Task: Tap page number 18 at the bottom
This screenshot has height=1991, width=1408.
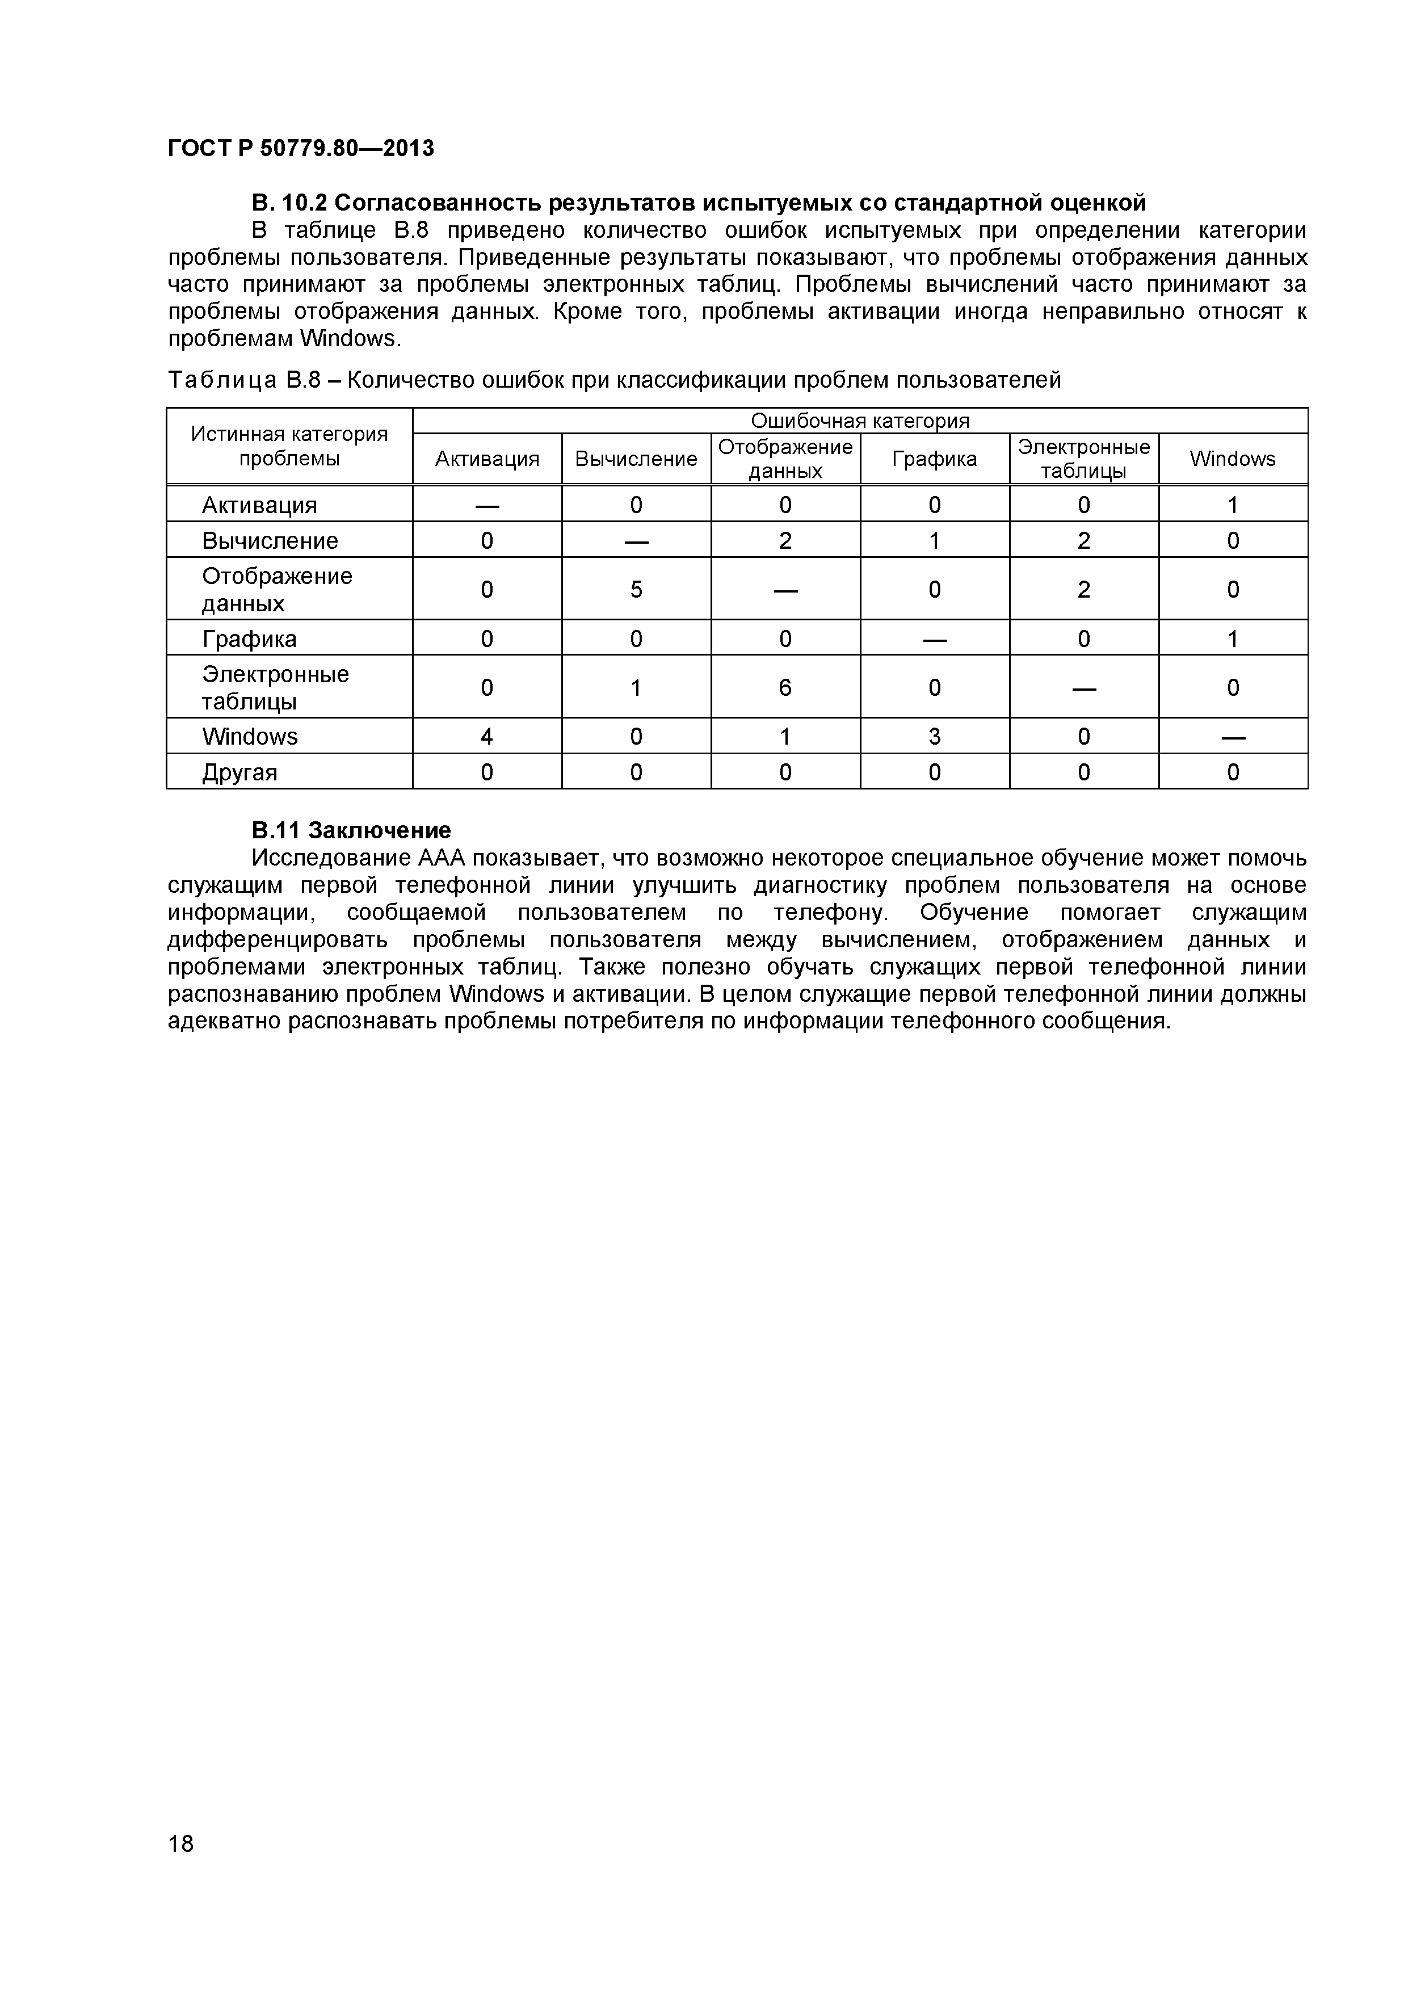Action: coord(181,1867)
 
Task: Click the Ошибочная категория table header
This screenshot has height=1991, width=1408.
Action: coord(859,421)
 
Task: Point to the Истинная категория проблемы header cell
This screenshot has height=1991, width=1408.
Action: coord(289,446)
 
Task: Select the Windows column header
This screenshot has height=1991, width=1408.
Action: coord(1232,459)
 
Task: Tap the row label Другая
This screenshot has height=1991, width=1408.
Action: coord(240,772)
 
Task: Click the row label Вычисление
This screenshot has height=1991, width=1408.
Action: coord(270,540)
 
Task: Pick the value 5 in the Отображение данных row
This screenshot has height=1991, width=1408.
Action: coord(636,589)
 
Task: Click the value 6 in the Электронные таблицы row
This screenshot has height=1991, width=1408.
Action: coord(785,687)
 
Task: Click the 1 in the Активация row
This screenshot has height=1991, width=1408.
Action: coord(1232,505)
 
